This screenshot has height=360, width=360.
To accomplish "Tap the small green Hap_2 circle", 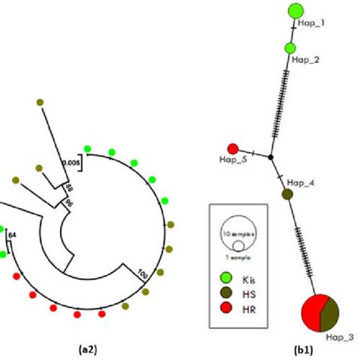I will coord(290,49).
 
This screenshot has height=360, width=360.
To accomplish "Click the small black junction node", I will coord(270,156).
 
